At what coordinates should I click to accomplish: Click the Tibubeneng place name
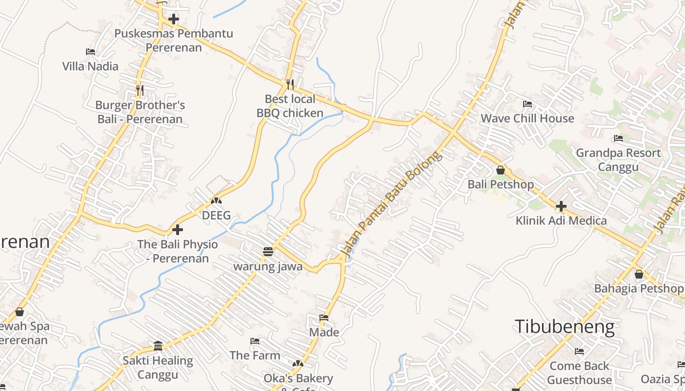(565, 326)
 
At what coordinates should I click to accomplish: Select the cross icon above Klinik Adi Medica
(561, 206)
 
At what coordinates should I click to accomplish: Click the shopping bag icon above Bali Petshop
(501, 170)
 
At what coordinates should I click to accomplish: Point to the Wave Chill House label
(527, 118)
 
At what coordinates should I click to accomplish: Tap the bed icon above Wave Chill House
(527, 104)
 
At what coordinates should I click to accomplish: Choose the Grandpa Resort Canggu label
(618, 160)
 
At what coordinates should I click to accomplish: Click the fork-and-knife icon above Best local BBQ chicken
(290, 85)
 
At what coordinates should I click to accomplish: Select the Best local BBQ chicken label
(290, 106)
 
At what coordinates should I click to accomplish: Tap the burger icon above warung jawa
(268, 252)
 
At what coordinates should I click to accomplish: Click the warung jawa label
(268, 266)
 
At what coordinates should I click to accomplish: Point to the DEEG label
(216, 215)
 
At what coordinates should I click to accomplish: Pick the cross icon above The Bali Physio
(178, 229)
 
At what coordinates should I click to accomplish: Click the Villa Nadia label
(91, 66)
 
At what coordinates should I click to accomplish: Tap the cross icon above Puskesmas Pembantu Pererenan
(173, 20)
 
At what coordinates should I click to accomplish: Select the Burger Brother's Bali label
(140, 112)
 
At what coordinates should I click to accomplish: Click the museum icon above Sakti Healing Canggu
(158, 346)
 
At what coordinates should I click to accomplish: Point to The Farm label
(255, 355)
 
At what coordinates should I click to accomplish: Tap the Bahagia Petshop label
(639, 288)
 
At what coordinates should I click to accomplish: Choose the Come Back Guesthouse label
(579, 373)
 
